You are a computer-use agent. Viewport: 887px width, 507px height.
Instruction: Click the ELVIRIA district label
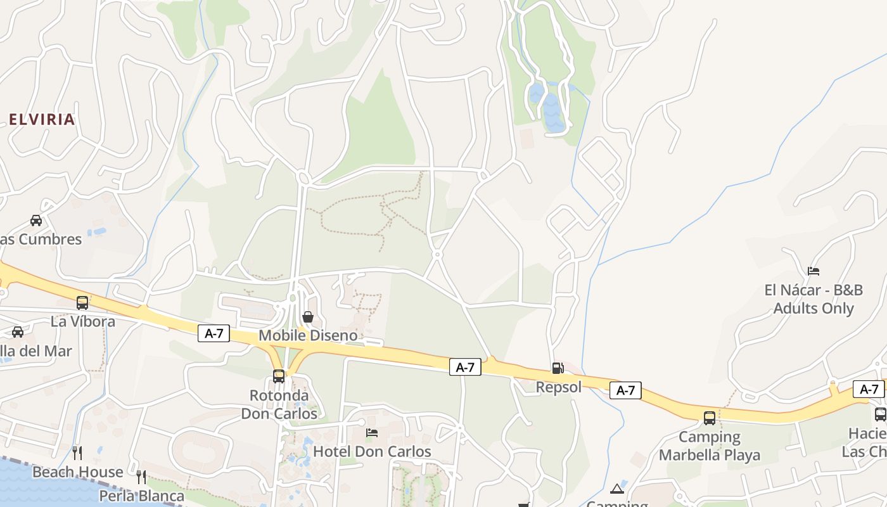click(42, 119)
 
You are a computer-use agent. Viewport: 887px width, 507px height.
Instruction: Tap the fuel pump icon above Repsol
click(558, 368)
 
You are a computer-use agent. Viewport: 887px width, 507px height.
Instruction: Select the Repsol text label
click(558, 387)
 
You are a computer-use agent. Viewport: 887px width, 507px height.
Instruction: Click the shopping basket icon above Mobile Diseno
click(308, 317)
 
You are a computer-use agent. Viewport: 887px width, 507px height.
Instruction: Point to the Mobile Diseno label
click(308, 335)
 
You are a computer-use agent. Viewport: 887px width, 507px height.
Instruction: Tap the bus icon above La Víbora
click(82, 303)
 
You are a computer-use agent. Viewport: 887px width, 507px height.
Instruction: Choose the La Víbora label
click(83, 321)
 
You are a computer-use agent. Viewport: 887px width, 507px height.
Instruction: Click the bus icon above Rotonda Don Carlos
click(279, 376)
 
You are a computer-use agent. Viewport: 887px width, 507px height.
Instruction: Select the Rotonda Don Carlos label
click(279, 404)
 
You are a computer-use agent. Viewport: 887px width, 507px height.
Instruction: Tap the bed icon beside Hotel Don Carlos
click(372, 433)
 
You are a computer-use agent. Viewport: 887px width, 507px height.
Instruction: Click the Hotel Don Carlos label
click(372, 452)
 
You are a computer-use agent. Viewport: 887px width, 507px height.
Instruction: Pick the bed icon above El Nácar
click(814, 271)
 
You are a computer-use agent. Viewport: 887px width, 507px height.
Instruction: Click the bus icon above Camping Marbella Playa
click(710, 418)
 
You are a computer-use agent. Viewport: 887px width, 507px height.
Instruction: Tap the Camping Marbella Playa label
click(710, 446)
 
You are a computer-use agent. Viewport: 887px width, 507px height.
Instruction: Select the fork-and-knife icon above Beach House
click(77, 452)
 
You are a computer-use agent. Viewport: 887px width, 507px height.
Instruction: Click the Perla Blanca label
click(142, 496)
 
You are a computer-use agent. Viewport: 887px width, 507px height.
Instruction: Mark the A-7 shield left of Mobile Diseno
click(214, 333)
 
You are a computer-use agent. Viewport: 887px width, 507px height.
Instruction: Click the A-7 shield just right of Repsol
click(625, 390)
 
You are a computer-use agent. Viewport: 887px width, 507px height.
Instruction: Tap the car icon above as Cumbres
click(36, 221)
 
